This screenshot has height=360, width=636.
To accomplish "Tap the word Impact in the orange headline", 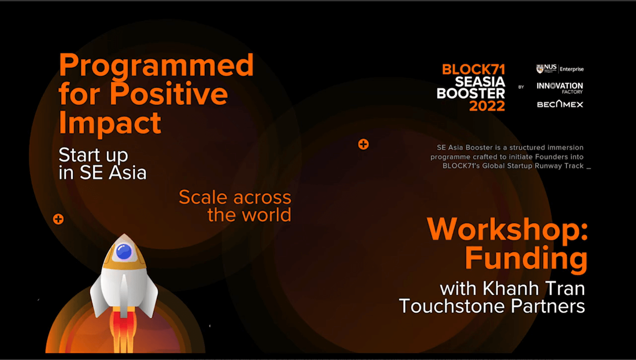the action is coord(110,123).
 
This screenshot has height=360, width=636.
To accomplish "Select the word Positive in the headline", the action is coord(169,93).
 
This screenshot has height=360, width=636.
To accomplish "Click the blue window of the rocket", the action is coord(124,252).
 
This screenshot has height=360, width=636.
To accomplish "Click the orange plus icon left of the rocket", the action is coord(59,219).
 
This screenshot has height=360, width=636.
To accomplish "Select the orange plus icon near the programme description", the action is coord(363,144).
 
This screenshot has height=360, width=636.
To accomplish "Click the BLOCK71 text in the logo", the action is coord(473,70).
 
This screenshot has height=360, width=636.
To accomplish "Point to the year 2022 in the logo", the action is coord(487,106).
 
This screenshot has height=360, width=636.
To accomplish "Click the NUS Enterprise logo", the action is coord(559,69).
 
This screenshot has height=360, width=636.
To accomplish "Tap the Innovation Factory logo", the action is coord(559,88).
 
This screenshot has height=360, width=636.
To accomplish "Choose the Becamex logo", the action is coord(560,104).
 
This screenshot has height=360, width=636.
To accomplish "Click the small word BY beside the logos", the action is coord(521,87).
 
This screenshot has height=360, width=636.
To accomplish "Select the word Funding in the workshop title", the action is coord(526,258).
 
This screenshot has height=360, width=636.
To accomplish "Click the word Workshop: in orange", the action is coord(507,230).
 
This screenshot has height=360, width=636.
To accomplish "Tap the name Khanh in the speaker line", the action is coord(510,288).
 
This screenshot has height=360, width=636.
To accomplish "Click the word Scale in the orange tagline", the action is coord(203,197).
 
